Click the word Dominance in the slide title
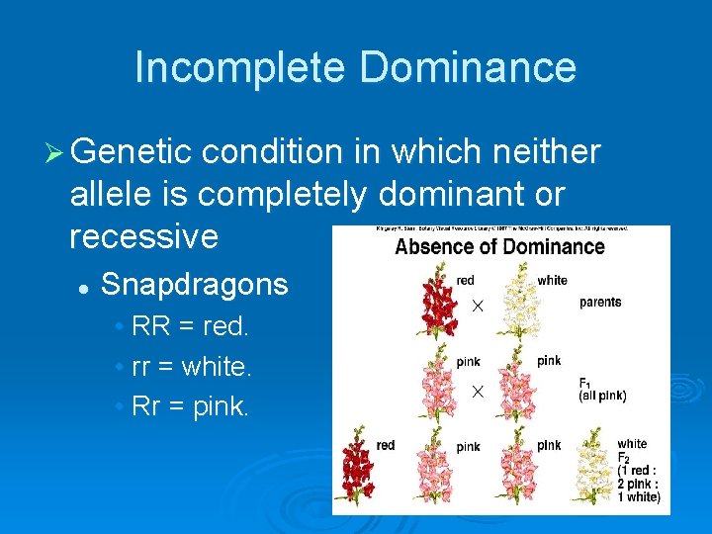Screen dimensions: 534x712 pyautogui.click(x=468, y=67)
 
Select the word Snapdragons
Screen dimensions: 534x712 pyautogui.click(x=195, y=285)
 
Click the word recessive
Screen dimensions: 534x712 pyautogui.click(x=144, y=235)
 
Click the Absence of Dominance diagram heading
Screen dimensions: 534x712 pyautogui.click(x=499, y=246)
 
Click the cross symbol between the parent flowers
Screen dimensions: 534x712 pyautogui.click(x=477, y=308)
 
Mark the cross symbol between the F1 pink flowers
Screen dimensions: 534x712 pyautogui.click(x=477, y=392)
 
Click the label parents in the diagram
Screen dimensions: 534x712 pyautogui.click(x=600, y=302)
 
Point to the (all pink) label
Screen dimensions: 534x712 pyautogui.click(x=602, y=397)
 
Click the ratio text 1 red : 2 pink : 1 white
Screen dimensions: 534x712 pyautogui.click(x=639, y=484)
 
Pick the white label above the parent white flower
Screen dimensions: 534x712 pyautogui.click(x=552, y=280)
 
